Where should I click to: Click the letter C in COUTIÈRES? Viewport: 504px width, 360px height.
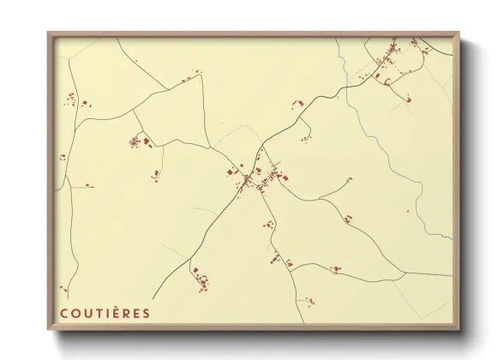pos(63,313)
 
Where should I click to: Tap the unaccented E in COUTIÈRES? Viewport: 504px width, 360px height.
pos(136,313)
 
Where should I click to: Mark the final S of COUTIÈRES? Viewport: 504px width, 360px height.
pos(147,313)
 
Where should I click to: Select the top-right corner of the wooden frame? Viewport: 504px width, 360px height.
pos(459,33)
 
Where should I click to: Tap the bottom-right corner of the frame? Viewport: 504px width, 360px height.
pos(459,330)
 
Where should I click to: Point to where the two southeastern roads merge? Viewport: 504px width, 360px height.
pos(402,273)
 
